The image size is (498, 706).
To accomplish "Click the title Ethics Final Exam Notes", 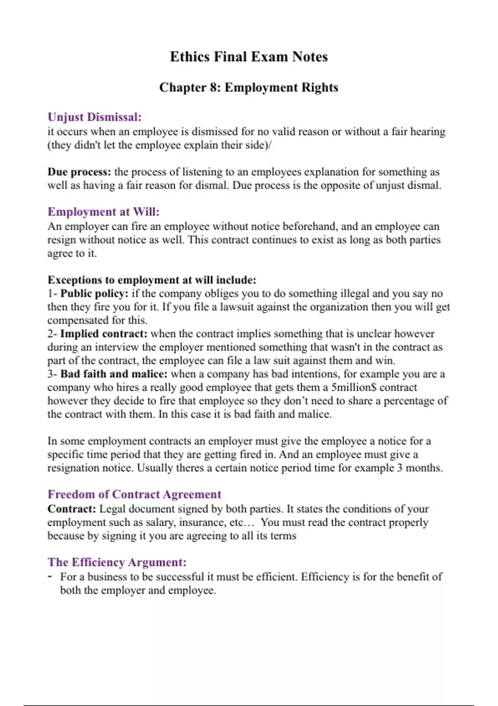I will click(x=249, y=57).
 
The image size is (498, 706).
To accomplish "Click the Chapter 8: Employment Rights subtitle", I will click(x=249, y=88).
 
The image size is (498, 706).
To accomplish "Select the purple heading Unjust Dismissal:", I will click(x=95, y=117).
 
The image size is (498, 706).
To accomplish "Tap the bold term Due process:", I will click(x=79, y=172).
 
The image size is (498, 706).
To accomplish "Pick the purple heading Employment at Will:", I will click(x=103, y=212).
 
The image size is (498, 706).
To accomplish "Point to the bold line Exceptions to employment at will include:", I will click(x=152, y=280).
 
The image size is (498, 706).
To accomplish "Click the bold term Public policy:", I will click(x=95, y=294).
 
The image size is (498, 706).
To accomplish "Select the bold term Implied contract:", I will click(x=104, y=334).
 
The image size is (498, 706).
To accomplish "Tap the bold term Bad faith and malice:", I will click(x=114, y=374).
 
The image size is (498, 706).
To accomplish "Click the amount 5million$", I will click(x=353, y=387).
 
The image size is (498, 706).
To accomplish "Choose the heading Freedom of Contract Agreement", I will click(x=134, y=494).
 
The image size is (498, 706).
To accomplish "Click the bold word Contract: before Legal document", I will click(x=72, y=509).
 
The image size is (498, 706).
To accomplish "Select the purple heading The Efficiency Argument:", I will click(x=117, y=562).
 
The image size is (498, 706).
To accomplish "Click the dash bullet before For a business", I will click(x=50, y=576).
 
